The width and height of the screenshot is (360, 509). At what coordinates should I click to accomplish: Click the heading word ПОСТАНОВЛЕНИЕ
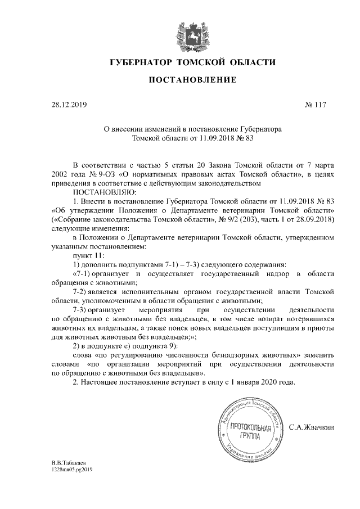(184, 80)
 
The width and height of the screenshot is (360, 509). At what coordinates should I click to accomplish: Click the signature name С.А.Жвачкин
(312, 427)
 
